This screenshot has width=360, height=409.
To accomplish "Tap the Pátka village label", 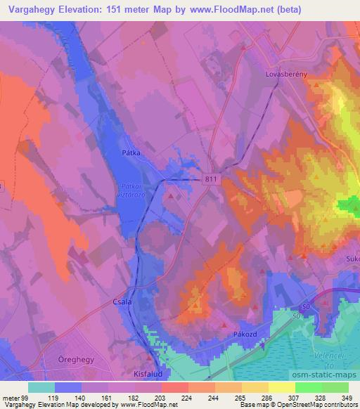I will click(x=131, y=152).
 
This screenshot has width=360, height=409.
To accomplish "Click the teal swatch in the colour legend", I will click(x=41, y=387).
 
